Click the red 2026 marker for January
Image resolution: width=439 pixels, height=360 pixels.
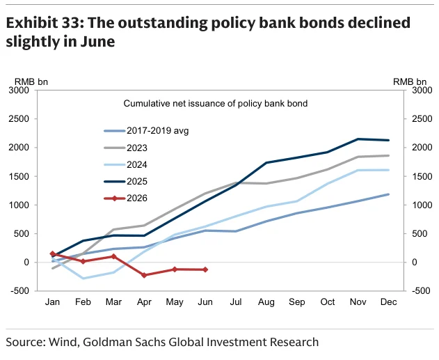52,253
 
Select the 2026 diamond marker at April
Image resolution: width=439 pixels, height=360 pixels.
144,275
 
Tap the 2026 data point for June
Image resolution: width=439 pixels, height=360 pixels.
205,269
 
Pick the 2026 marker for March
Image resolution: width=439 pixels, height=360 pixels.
113,256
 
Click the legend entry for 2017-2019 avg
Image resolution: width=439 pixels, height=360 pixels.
146,131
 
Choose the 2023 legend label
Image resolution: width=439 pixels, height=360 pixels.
125,148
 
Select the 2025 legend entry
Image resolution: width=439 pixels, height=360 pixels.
125,182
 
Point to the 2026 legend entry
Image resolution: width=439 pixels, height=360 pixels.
125,198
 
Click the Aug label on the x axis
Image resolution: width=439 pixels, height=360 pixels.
266,302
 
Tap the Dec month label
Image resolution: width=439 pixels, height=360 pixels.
389,302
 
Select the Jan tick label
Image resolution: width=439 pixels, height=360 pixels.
52,302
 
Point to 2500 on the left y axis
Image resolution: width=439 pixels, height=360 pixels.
19,119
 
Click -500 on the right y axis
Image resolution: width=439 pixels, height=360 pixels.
422,290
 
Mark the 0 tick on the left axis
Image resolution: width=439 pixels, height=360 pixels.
26,263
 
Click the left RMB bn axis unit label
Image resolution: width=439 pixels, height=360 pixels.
31,81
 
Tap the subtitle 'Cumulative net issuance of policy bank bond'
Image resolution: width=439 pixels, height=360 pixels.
215,104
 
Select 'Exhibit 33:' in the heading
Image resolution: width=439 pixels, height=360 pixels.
45,23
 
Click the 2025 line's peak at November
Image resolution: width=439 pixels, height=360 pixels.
358,139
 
